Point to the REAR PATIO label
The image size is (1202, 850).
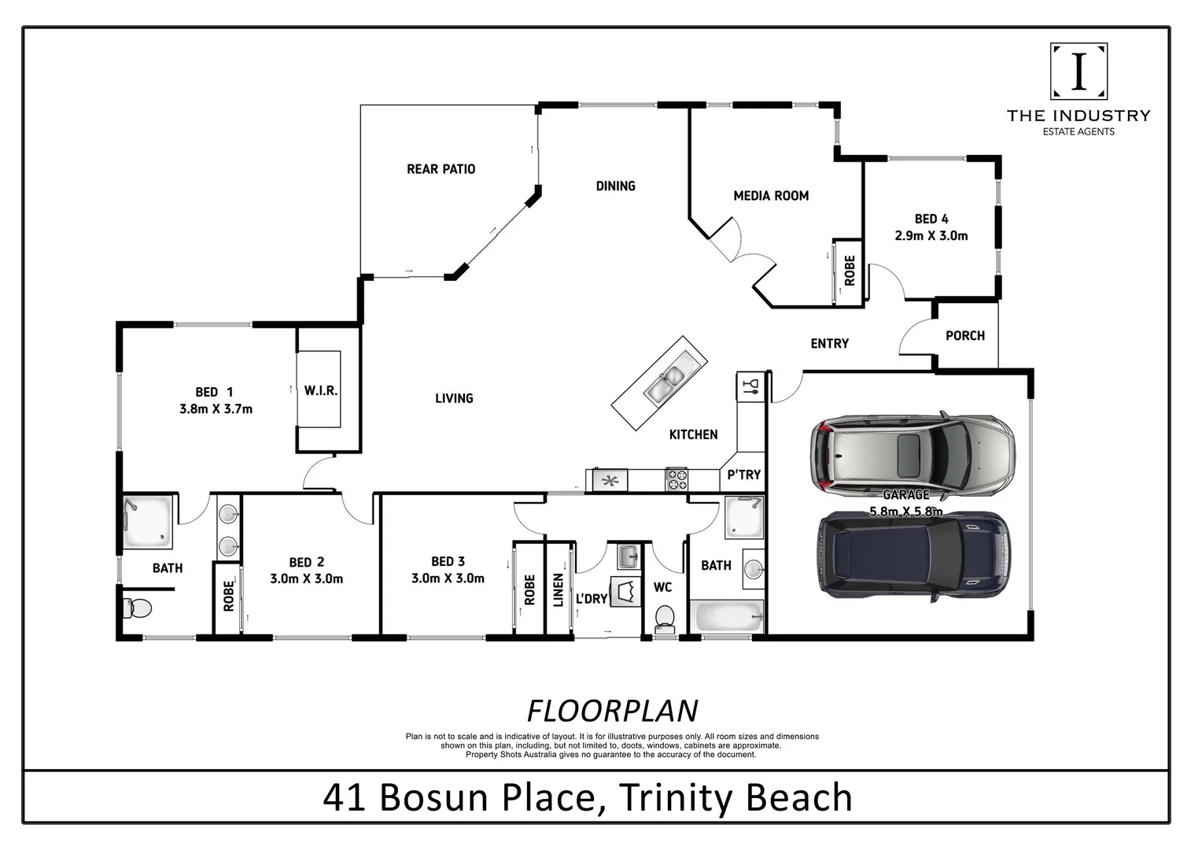pyautogui.click(x=441, y=169)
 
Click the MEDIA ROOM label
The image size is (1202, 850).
pyautogui.click(x=770, y=196)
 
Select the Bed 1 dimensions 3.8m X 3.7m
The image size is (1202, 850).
pyautogui.click(x=215, y=408)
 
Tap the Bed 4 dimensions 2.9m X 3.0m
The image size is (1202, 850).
pyautogui.click(x=931, y=235)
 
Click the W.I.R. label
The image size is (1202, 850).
pyautogui.click(x=321, y=390)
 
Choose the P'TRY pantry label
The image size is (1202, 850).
pyautogui.click(x=743, y=475)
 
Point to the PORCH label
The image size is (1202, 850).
pyautogui.click(x=964, y=335)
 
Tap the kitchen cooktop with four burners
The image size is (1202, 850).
pyautogui.click(x=677, y=479)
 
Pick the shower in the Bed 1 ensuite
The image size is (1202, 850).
pyautogui.click(x=147, y=520)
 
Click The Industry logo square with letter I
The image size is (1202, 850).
pyautogui.click(x=1078, y=71)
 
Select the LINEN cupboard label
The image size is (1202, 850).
pyautogui.click(x=558, y=589)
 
